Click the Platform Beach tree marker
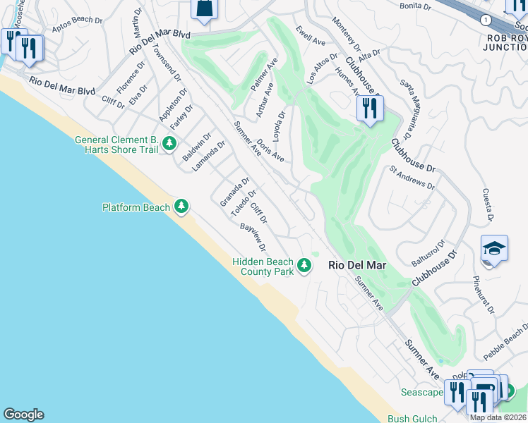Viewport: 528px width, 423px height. click(182, 206)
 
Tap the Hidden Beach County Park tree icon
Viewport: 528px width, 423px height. click(304, 265)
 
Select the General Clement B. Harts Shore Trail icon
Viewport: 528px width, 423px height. click(169, 144)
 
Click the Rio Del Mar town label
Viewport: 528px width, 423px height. click(356, 266)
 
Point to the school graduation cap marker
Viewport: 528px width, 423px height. click(494, 249)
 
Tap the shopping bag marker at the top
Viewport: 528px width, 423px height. click(204, 8)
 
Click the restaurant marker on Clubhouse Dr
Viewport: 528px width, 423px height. click(368, 109)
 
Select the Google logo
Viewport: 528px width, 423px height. click(23, 415)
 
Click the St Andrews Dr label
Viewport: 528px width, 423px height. click(412, 178)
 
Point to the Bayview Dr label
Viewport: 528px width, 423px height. click(253, 238)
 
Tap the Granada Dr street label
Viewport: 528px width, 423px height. click(235, 192)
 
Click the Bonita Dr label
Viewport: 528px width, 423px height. click(414, 6)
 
